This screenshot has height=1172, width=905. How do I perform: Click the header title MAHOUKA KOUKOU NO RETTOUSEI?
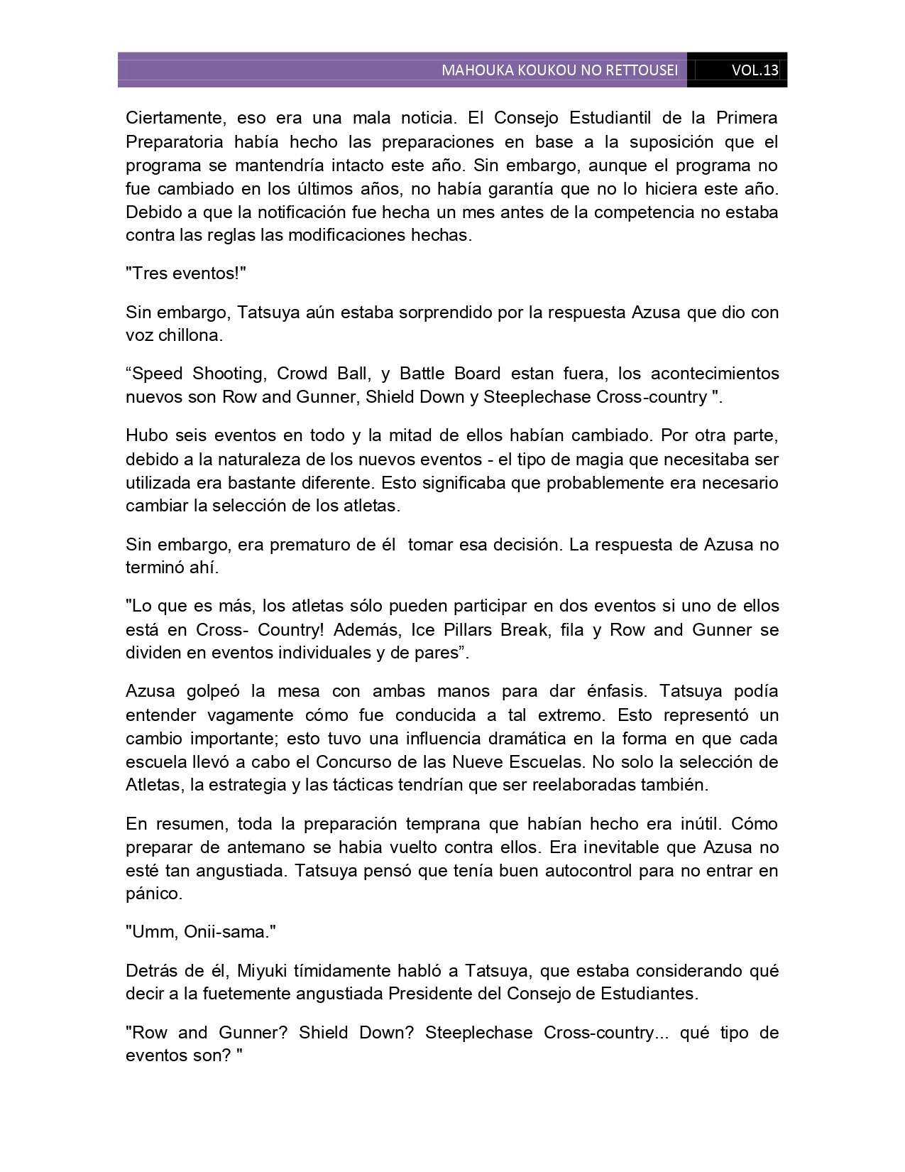coord(559,70)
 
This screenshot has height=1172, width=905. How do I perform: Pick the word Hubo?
coord(144,435)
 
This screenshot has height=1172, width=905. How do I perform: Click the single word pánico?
coord(154,894)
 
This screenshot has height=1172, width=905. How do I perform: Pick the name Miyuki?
coord(262,970)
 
